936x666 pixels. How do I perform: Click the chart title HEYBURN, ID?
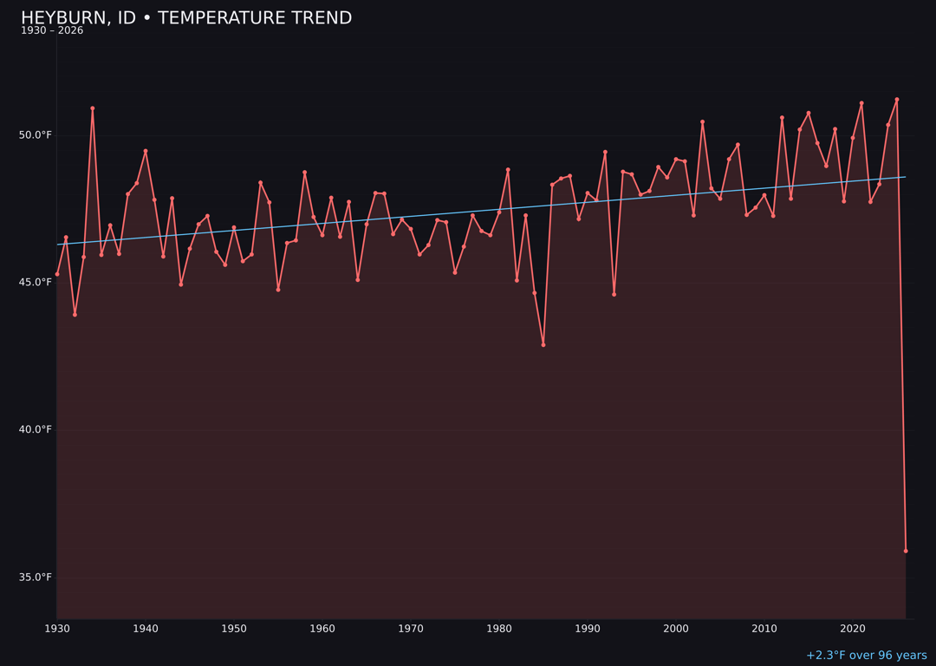186,18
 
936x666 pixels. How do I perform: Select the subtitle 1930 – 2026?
52,31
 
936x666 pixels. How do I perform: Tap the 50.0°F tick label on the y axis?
36,135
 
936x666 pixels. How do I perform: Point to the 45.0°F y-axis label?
36,283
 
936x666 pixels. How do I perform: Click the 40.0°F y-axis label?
36,430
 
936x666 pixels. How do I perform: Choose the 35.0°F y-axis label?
36,578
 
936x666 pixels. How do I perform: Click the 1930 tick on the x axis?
57,629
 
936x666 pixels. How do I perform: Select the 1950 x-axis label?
234,629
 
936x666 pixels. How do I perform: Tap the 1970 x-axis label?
411,629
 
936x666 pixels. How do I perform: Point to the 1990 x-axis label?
588,629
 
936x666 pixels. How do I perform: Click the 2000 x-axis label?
676,629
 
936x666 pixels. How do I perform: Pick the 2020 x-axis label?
853,629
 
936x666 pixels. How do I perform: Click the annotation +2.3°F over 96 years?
866,656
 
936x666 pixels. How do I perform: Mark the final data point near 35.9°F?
906,551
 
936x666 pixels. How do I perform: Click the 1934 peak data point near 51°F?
93,108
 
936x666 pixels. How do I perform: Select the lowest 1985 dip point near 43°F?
543,345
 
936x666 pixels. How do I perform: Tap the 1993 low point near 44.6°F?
614,294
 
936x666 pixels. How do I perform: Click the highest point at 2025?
897,100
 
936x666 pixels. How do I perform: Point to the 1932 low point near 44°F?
75,315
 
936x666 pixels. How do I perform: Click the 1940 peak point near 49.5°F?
146,151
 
